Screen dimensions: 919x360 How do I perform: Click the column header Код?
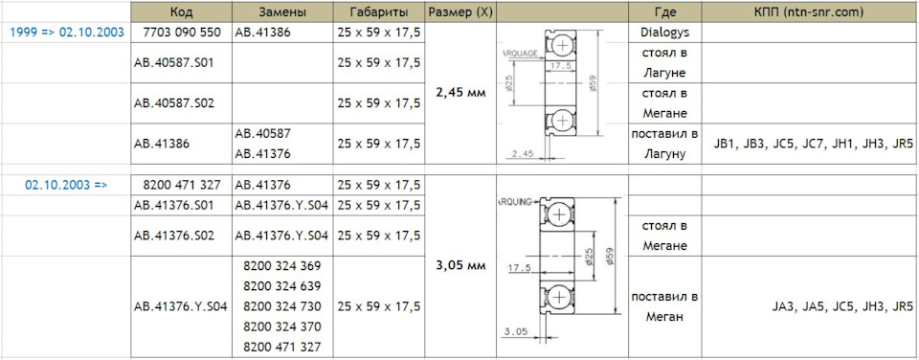pyautogui.click(x=181, y=12)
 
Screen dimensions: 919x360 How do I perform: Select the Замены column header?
pyautogui.click(x=281, y=12)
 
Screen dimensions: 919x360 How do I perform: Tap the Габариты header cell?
pyautogui.click(x=379, y=12)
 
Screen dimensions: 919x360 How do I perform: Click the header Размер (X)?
pyautogui.click(x=460, y=12)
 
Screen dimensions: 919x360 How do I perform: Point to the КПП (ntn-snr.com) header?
pyautogui.click(x=810, y=12)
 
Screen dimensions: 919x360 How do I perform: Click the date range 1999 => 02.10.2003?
pyautogui.click(x=67, y=33)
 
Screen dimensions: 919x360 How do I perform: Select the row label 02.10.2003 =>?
pyautogui.click(x=66, y=186)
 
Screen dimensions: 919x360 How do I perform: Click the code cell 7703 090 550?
pyautogui.click(x=182, y=33)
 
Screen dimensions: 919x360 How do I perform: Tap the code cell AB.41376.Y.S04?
pyautogui.click(x=181, y=306)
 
